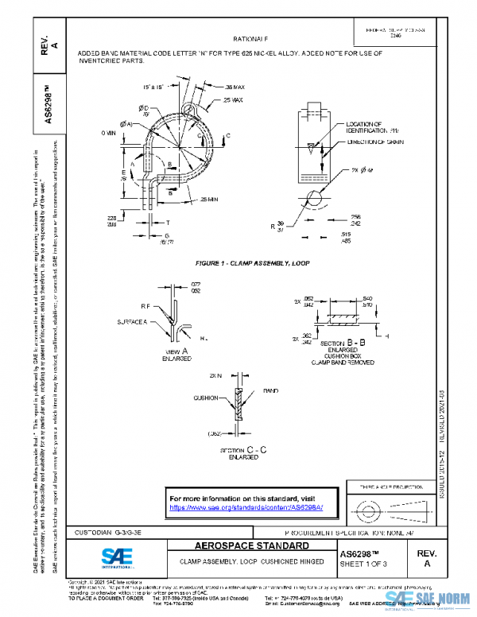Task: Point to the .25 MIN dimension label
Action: [210, 199]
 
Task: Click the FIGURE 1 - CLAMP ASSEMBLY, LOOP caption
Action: [252, 262]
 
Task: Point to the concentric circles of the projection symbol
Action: [367, 506]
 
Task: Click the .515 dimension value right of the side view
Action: [367, 235]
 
